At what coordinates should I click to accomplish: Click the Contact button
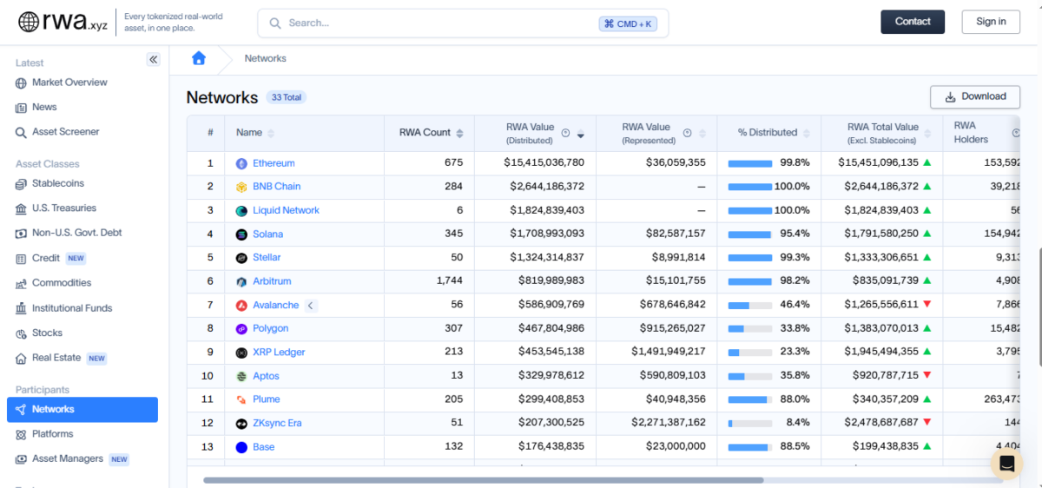(912, 22)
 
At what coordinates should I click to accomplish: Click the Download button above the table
(974, 96)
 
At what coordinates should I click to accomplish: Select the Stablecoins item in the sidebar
(57, 183)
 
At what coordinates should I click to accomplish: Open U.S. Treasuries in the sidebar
(63, 208)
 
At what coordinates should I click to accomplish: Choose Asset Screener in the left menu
(65, 132)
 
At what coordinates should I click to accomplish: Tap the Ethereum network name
(274, 163)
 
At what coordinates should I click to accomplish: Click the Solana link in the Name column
(267, 234)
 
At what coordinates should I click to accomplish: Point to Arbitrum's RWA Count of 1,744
(449, 281)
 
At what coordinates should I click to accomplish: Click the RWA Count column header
(425, 133)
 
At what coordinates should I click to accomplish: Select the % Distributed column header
(767, 133)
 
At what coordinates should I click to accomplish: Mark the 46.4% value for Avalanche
(795, 305)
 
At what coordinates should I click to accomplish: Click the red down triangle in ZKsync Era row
(927, 423)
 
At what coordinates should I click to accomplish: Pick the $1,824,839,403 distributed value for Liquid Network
(544, 210)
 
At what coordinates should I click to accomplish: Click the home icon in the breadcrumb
(199, 58)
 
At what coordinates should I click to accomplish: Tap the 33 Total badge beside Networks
(286, 97)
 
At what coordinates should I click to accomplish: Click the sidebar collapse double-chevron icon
(153, 60)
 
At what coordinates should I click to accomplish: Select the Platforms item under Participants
(52, 434)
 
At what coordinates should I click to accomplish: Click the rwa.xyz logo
(63, 23)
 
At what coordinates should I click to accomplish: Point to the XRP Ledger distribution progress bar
(749, 353)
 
